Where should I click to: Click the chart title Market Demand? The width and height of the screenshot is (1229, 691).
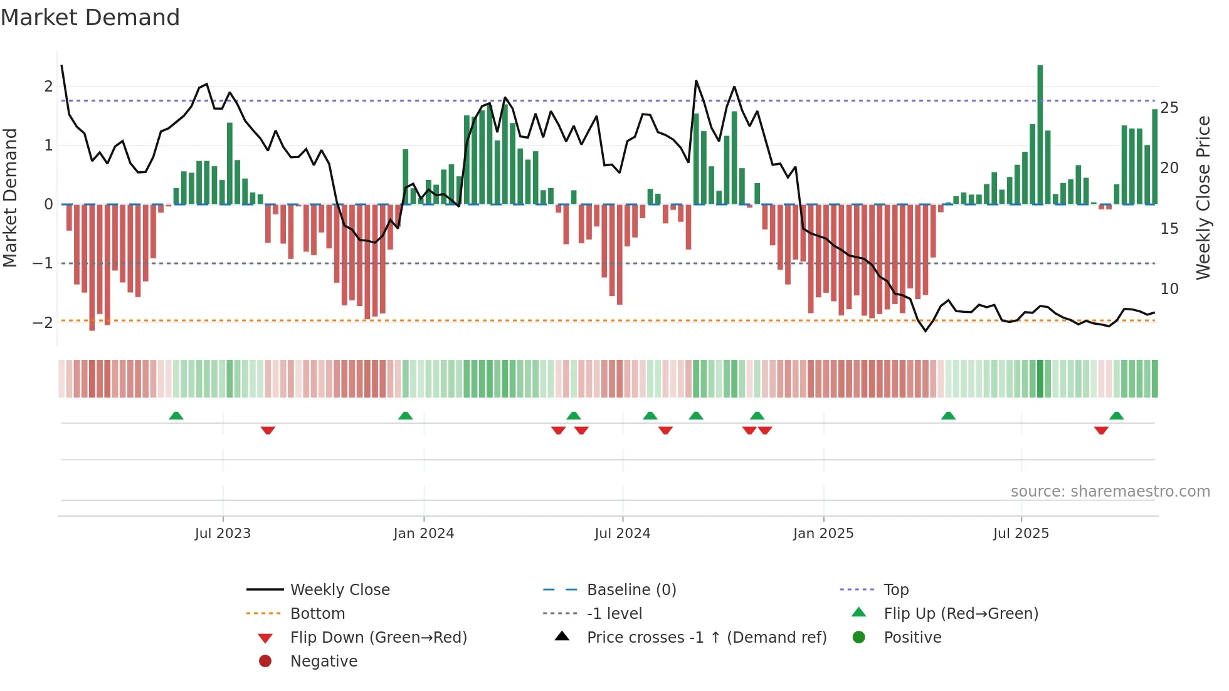coord(90,18)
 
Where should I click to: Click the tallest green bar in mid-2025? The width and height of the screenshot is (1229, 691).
coord(1040,135)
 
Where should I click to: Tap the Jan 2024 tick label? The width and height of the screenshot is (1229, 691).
coord(423,534)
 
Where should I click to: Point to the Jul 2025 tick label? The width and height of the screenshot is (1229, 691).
coord(1021,534)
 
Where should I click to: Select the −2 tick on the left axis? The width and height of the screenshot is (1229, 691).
coord(43,322)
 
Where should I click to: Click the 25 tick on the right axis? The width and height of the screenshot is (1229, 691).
coord(1169,108)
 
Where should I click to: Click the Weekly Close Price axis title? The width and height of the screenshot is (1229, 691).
coord(1203,198)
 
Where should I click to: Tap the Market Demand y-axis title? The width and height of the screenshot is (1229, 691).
coord(10,198)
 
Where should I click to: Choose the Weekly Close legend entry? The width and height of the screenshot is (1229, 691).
coord(339,590)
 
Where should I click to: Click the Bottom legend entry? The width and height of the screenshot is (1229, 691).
coord(317,614)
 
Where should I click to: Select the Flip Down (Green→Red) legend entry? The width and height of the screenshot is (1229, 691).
coord(378,638)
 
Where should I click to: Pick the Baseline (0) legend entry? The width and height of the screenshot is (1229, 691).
coord(631,590)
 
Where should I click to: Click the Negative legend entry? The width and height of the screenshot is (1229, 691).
coord(324,662)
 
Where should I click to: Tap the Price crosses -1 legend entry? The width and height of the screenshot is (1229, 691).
coord(706,638)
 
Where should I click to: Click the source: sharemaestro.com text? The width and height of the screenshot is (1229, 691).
coord(1110,492)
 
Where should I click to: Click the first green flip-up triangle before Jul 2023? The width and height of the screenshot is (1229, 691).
coord(176,416)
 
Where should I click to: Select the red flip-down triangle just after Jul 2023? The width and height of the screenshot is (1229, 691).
coord(268,430)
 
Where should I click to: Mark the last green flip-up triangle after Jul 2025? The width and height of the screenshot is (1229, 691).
coord(1116,416)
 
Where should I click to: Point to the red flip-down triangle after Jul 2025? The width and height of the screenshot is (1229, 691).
coord(1101,430)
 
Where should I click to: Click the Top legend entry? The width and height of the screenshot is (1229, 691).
coord(895,590)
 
